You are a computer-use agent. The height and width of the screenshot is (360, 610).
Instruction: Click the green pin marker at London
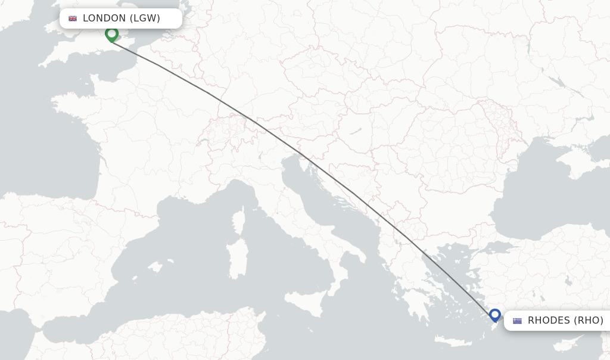tap(111, 34)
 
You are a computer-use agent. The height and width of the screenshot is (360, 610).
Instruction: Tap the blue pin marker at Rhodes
tap(494, 314)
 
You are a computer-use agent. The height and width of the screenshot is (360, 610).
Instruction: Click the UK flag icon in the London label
tap(73, 18)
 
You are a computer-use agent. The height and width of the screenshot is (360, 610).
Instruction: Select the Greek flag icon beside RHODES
tap(517, 321)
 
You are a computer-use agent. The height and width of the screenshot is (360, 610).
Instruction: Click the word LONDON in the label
tap(104, 18)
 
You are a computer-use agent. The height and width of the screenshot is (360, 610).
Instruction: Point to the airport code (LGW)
tap(145, 18)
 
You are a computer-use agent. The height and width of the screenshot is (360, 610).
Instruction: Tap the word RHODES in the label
tap(549, 321)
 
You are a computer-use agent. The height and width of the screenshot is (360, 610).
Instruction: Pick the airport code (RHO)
tap(589, 321)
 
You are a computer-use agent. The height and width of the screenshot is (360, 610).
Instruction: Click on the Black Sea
tap(536, 197)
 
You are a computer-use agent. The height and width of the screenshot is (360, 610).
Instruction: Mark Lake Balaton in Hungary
tap(356, 132)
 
